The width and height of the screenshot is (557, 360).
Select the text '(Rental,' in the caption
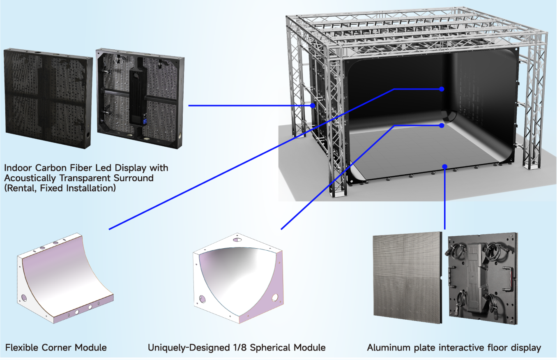(x=21, y=188)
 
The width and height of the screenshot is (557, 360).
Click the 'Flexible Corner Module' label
(x=56, y=348)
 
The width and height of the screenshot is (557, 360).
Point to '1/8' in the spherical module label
(x=239, y=348)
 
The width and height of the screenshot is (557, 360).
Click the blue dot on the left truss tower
(x=313, y=106)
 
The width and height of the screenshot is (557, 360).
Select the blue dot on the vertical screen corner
(x=442, y=89)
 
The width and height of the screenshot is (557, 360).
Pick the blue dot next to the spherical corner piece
(x=442, y=126)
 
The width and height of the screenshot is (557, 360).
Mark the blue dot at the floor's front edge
(x=445, y=166)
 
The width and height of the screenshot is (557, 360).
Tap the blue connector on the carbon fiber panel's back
(x=145, y=122)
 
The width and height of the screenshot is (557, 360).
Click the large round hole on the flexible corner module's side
(x=24, y=298)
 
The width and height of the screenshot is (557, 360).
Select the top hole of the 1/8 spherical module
(x=237, y=240)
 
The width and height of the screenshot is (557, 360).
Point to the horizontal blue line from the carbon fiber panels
(x=251, y=106)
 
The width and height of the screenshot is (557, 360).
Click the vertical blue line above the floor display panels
(x=445, y=198)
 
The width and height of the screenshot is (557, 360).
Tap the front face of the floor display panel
(x=407, y=277)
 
